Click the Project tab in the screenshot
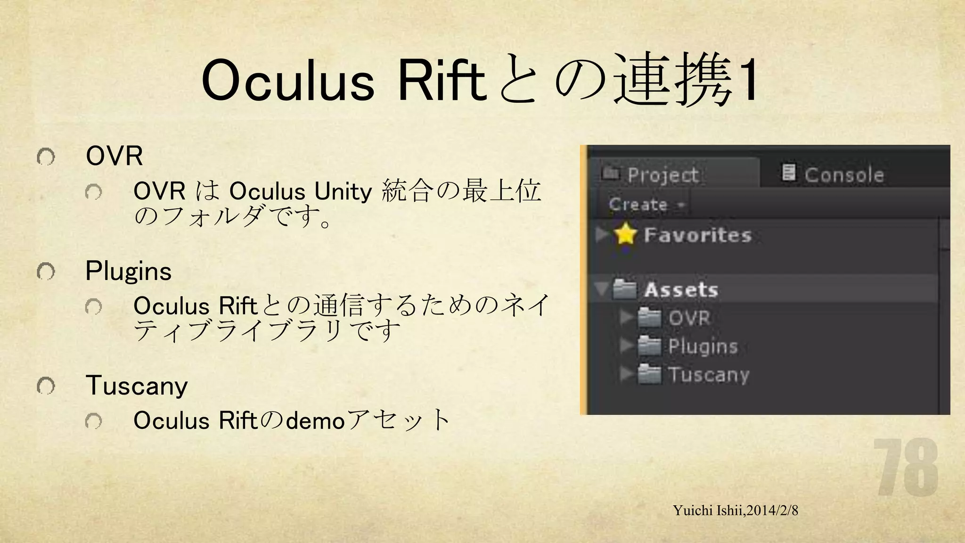click(662, 174)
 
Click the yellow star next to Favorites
click(626, 234)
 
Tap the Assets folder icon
click(624, 289)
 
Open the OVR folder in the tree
click(689, 318)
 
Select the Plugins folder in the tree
click(702, 346)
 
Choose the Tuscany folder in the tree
click(708, 375)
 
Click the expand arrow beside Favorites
click(602, 234)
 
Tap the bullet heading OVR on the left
click(114, 156)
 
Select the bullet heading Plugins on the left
click(128, 271)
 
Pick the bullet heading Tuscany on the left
click(137, 386)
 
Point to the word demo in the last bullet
click(315, 420)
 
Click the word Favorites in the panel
click(697, 235)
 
